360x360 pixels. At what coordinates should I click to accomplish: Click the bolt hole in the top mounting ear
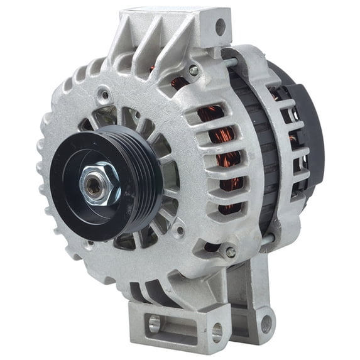click(x=220, y=27)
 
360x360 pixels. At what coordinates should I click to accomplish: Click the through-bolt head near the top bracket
click(x=194, y=72)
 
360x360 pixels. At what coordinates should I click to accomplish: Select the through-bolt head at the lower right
click(x=231, y=253)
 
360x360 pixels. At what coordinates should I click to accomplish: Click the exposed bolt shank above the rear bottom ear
click(x=268, y=239)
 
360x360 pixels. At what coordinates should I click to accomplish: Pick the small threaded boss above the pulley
click(x=104, y=96)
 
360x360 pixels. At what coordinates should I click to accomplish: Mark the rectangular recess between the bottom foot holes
click(x=185, y=327)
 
